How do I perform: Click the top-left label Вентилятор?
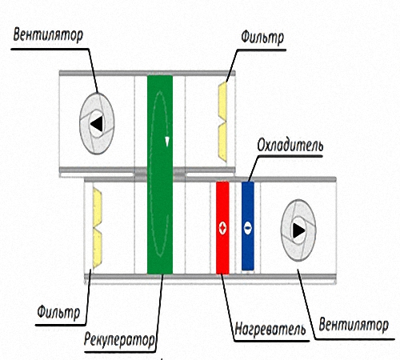[x=48, y=36]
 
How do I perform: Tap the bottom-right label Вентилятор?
[x=354, y=325]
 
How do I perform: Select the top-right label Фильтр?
[x=262, y=38]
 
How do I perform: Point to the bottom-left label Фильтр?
[x=58, y=312]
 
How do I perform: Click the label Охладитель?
[x=290, y=146]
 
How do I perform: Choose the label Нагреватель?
[x=270, y=329]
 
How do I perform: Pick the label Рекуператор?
[x=119, y=340]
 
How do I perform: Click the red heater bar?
[x=222, y=228]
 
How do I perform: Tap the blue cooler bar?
[x=248, y=226]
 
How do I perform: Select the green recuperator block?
[x=160, y=174]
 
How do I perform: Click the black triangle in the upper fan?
[x=97, y=124]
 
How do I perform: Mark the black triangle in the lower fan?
[x=299, y=230]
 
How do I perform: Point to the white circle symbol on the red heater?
[x=222, y=228]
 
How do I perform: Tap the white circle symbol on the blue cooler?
[x=248, y=228]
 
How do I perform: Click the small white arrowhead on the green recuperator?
[x=167, y=142]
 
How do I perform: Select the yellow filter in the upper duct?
[x=222, y=122]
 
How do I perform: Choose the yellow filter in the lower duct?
[x=98, y=228]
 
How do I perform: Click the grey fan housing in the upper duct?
[x=97, y=123]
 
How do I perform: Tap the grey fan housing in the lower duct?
[x=298, y=230]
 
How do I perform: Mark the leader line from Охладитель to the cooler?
[x=254, y=168]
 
